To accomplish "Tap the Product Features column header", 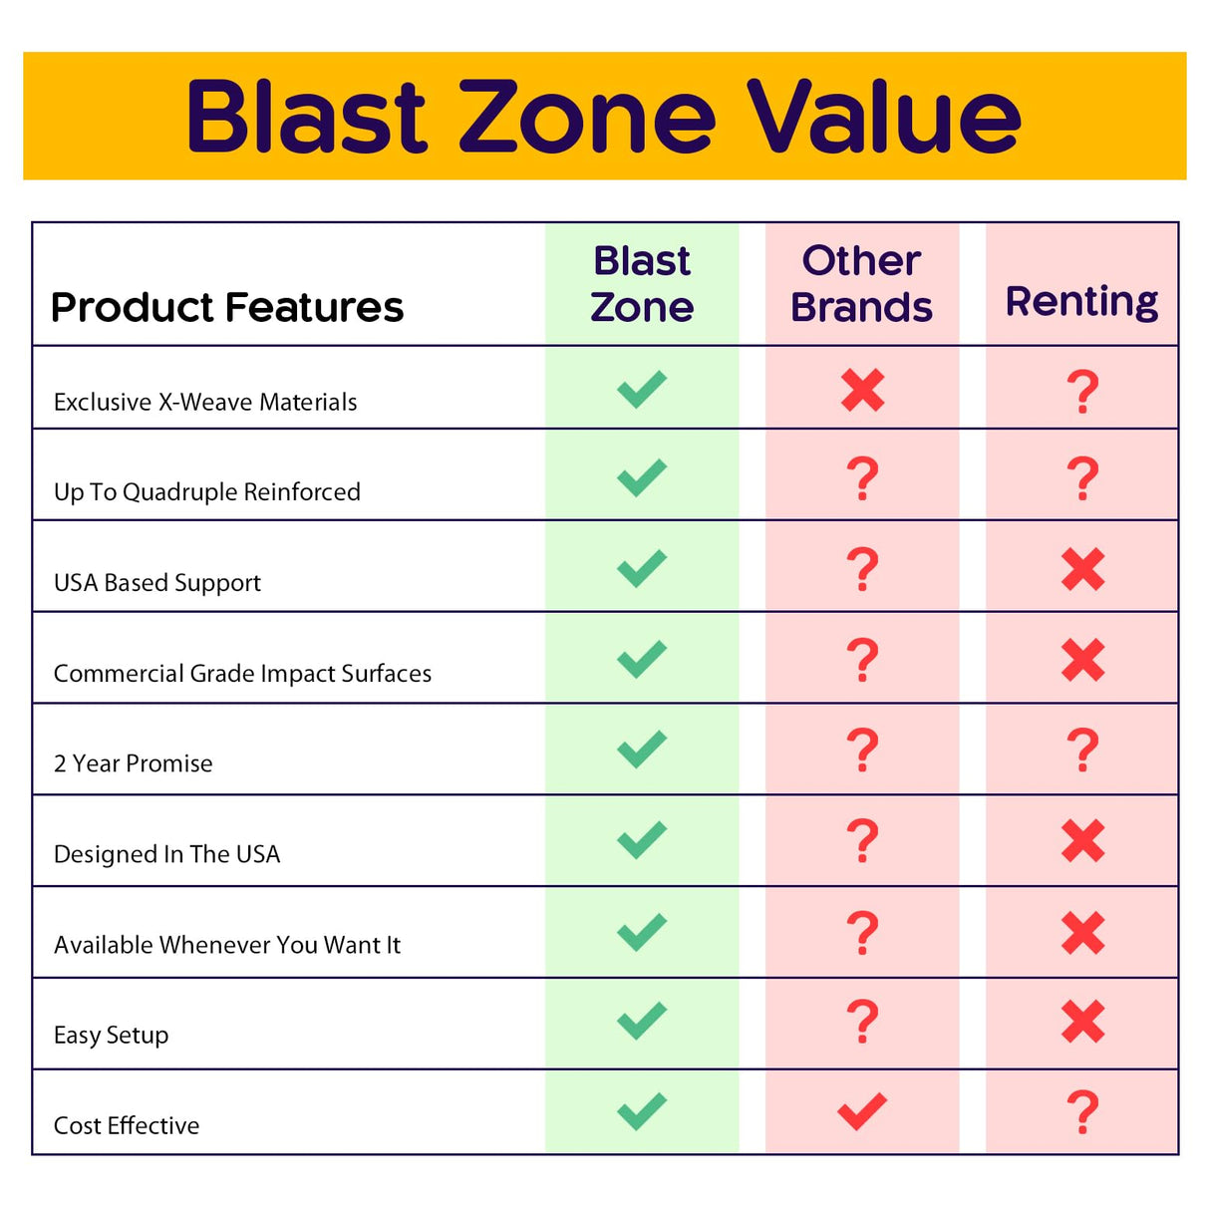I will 227,307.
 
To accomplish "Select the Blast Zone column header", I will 642,284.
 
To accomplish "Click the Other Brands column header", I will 861,284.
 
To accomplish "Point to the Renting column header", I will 1081,300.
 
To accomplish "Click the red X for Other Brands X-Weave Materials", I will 862,390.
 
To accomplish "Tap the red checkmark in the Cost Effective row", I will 862,1110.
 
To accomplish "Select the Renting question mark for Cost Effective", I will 1082,1112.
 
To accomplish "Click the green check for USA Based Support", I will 642,568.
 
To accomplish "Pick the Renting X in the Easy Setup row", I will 1082,1022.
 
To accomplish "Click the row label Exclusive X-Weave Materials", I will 205,402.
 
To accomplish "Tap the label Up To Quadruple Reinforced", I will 207,491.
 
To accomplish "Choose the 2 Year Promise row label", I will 134,763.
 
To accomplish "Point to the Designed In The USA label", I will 167,854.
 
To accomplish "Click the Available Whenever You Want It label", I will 227,945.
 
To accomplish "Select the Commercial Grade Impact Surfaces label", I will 243,674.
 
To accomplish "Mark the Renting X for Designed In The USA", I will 1082,841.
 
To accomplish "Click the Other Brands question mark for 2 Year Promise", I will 862,751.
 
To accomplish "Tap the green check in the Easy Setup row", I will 642,1021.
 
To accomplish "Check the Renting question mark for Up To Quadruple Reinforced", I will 1082,479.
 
